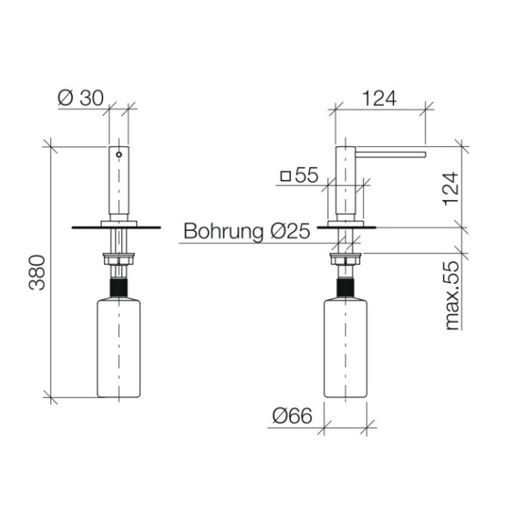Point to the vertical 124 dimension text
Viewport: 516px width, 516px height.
[450, 187]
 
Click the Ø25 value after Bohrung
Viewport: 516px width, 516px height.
[290, 231]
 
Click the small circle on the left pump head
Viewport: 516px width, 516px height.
[118, 153]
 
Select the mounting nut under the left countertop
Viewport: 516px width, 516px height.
[118, 259]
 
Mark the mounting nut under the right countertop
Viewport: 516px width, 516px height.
[346, 259]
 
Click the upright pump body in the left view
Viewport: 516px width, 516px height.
[118, 183]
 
